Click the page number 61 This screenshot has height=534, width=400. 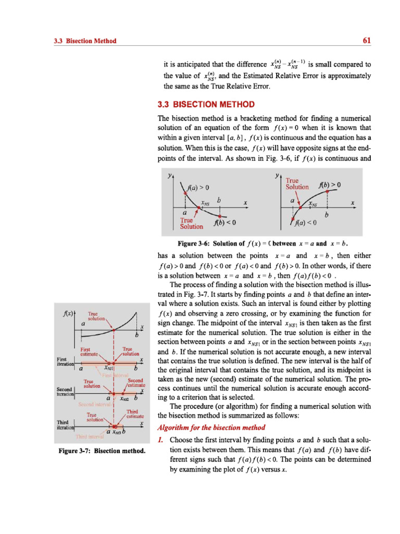(x=366, y=41)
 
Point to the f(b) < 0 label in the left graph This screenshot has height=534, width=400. (x=225, y=224)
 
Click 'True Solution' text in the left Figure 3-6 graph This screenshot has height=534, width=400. (x=191, y=223)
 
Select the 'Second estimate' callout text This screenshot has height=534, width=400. (x=135, y=383)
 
